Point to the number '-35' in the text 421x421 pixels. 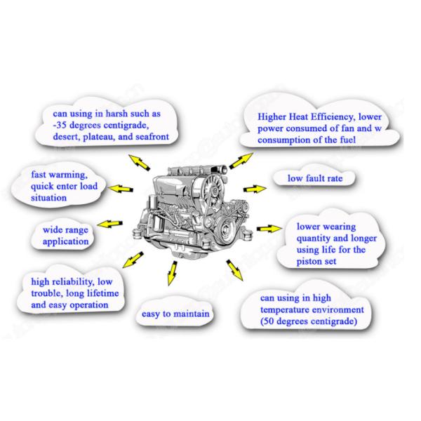pyautogui.click(x=62, y=124)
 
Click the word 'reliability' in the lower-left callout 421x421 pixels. pyautogui.click(x=83, y=282)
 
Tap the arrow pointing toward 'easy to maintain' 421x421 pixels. pyautogui.click(x=171, y=273)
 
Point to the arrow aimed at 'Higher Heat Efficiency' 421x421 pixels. pyautogui.click(x=242, y=159)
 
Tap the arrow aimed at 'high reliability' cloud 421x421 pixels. pyautogui.click(x=129, y=262)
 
